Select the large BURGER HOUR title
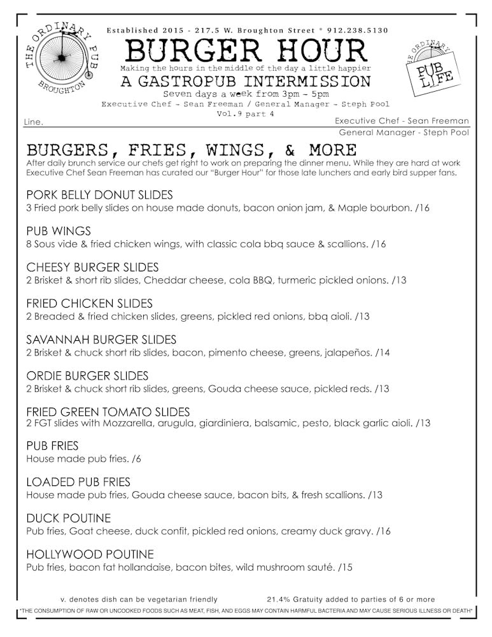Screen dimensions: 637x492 coord(246,50)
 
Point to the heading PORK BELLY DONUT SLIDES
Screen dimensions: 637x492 coord(99,195)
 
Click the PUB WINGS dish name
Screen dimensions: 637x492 coord(59,231)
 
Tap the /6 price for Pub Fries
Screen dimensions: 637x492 coord(136,459)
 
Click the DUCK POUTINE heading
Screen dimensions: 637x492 coord(68,519)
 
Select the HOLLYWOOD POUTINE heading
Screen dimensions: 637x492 coord(90,554)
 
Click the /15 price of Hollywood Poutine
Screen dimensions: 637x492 coord(346,567)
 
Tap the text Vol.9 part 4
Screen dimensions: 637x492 coord(245,115)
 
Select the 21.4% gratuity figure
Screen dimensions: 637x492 coord(279,599)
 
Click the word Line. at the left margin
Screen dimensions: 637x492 coord(33,122)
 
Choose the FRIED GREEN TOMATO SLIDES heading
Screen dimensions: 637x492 coord(108,412)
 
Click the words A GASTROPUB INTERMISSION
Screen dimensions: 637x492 coord(246,81)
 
